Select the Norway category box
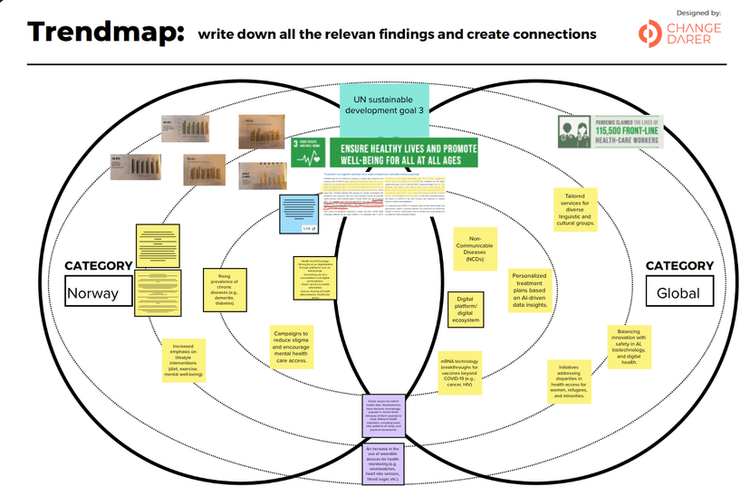[99, 292]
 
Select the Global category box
[679, 291]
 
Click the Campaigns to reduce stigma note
[292, 346]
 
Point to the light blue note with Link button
[296, 213]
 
